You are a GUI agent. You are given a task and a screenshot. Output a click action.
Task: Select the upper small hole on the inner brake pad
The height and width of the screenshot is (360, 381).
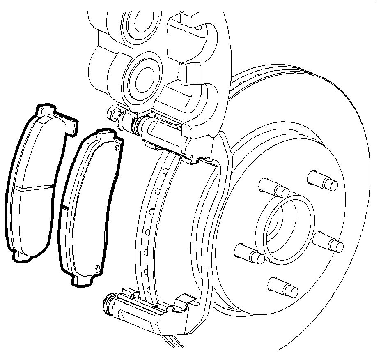[117, 148]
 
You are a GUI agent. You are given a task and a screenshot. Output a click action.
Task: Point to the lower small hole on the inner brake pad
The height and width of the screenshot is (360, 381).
[97, 268]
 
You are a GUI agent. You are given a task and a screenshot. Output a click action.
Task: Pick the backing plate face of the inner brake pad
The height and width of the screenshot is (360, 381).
[88, 205]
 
